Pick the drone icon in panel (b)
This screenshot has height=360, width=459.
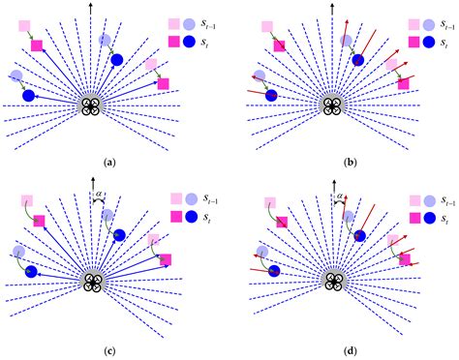[331, 106]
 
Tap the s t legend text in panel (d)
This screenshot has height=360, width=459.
[442, 222]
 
